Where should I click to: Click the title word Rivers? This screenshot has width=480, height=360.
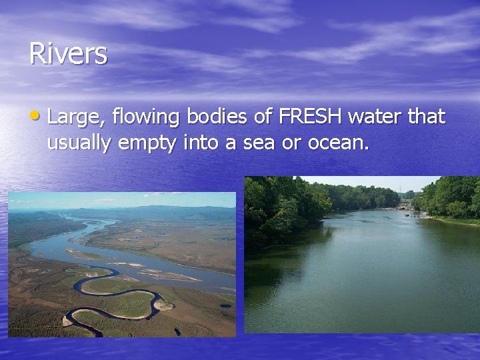pyautogui.click(x=67, y=53)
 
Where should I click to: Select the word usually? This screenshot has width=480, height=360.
pyautogui.click(x=79, y=143)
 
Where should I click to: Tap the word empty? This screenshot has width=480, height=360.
pyautogui.click(x=145, y=143)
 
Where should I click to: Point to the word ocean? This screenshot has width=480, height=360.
pyautogui.click(x=339, y=143)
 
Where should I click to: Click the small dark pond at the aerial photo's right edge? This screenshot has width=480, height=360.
pyautogui.click(x=226, y=306)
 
